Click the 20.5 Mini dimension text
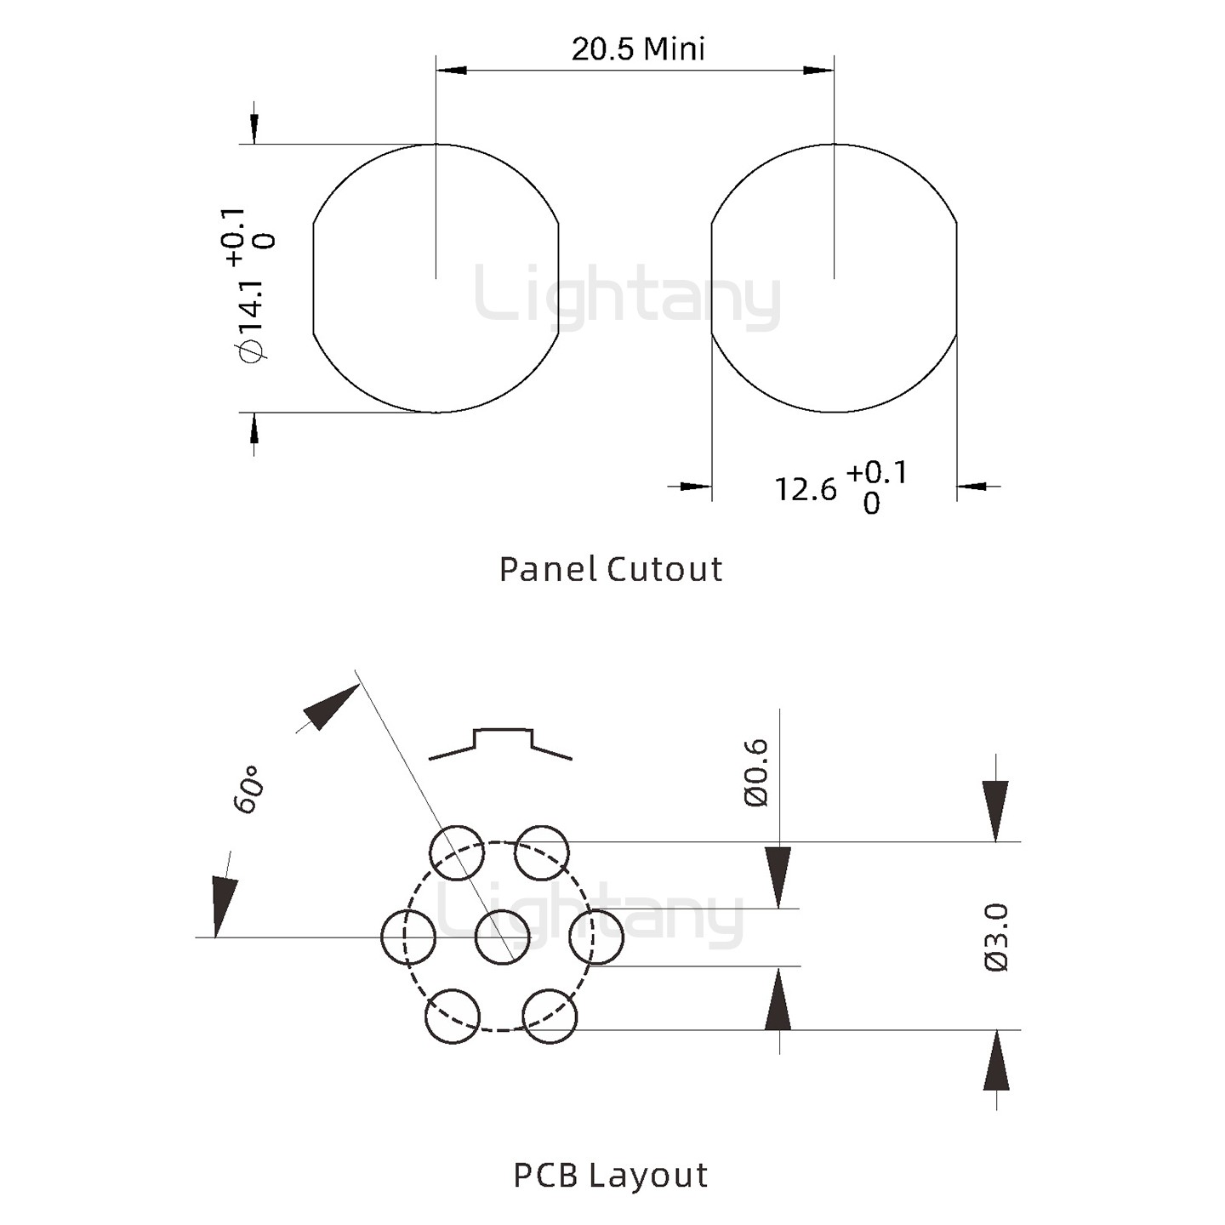(x=638, y=49)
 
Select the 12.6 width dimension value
(x=805, y=489)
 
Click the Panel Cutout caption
(x=611, y=569)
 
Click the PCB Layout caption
(x=611, y=1176)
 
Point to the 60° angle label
(x=248, y=790)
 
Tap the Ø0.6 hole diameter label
(x=756, y=772)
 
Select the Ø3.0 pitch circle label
(x=996, y=937)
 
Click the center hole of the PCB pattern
(x=502, y=937)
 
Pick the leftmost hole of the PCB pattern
(x=408, y=937)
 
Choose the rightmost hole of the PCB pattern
(x=596, y=937)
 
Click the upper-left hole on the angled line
(x=457, y=852)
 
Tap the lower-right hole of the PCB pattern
(x=550, y=1017)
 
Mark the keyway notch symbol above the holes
(x=502, y=743)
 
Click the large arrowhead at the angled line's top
(x=330, y=707)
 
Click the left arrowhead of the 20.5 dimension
(x=452, y=70)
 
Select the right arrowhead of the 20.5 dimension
(x=818, y=70)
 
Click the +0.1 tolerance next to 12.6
(x=876, y=472)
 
